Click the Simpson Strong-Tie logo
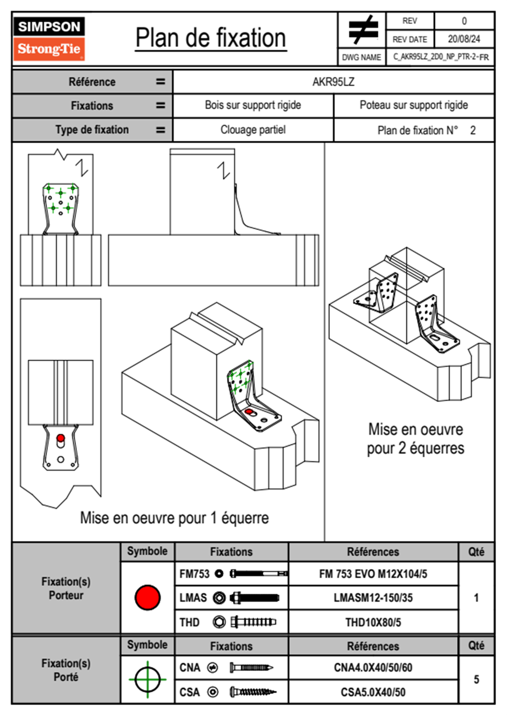point(49,39)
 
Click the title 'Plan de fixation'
point(210,38)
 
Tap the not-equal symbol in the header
point(363,30)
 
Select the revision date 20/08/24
point(464,39)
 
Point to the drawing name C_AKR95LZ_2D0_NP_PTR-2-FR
point(441,57)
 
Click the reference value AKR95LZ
point(333,82)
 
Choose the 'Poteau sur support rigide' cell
point(413,105)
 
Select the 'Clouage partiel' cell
point(253,130)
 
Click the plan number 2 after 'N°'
point(472,130)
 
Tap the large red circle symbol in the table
point(147,597)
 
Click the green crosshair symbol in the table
point(147,679)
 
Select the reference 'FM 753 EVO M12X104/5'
point(373,574)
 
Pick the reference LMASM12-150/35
point(373,598)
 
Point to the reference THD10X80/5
point(373,622)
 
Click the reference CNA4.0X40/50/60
point(373,667)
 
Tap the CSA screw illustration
point(252,692)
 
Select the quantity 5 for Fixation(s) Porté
point(476,679)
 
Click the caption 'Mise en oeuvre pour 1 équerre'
point(174,518)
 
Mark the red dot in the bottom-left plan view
point(60,438)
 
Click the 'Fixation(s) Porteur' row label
point(66,588)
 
